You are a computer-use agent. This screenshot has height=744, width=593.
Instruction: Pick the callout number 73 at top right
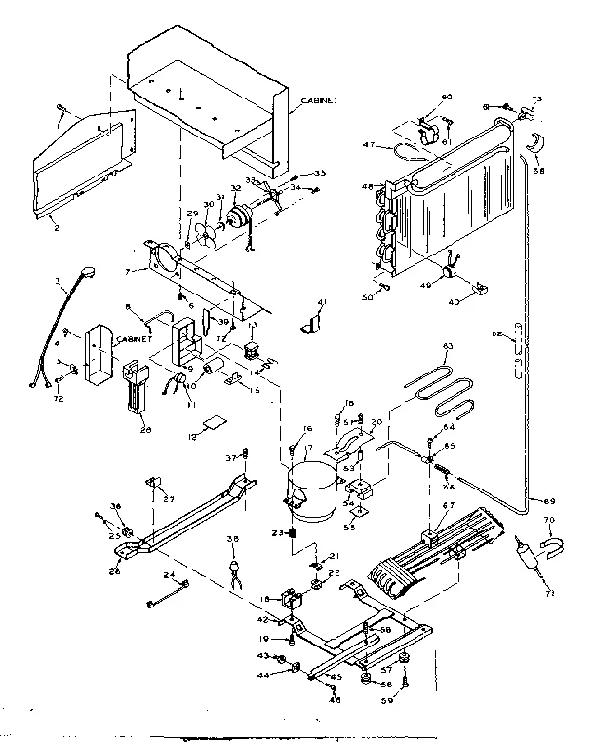(535, 99)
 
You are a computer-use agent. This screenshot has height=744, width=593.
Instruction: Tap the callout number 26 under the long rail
(118, 570)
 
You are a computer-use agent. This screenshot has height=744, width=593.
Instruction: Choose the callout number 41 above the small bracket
(323, 303)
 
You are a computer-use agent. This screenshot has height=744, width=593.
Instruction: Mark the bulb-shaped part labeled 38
(234, 567)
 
